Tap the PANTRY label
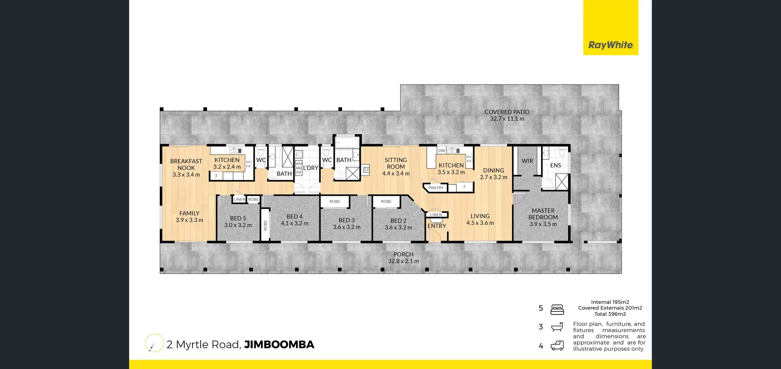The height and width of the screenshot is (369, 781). [x=436, y=188]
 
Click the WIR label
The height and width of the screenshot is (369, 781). [x=527, y=161]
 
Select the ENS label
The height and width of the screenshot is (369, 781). [x=555, y=165]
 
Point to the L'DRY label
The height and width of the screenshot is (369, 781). [x=310, y=168]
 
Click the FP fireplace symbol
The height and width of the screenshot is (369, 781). [x=366, y=170]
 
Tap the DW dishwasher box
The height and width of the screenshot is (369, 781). [x=442, y=151]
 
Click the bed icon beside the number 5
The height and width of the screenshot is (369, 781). [x=557, y=310]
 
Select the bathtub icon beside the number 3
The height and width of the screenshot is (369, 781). [x=557, y=327]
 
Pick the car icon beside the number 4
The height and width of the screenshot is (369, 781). [x=557, y=346]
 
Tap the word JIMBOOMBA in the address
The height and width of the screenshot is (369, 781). [x=279, y=345]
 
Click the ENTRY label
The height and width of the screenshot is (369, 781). [x=437, y=226]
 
